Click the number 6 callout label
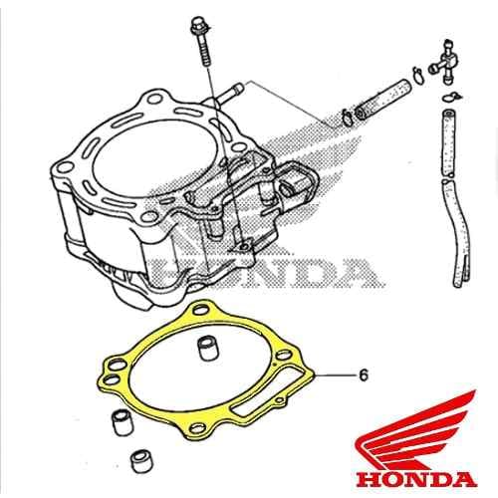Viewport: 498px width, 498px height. point(364,375)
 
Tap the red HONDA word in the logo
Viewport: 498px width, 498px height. point(416,480)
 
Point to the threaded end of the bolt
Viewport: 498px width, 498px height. point(205,57)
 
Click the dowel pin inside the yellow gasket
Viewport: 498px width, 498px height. point(207,348)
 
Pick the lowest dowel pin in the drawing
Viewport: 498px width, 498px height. point(139,460)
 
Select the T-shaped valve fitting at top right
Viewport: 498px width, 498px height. point(444,63)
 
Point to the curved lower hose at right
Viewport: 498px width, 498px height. point(458,232)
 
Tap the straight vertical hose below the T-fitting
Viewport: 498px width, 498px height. point(448,143)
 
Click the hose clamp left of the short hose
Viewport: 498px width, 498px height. point(346,117)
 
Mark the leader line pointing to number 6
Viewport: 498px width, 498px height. point(335,375)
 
